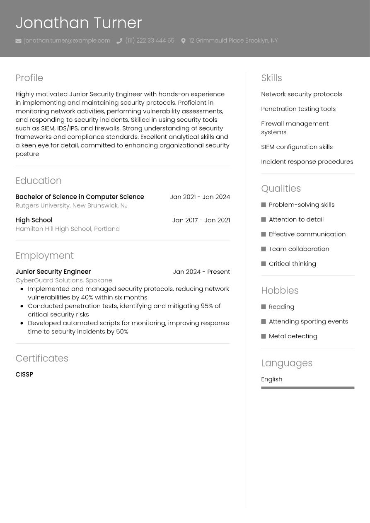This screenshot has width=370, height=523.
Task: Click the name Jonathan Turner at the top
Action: [79, 23]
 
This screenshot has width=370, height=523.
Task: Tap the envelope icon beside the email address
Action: [18, 41]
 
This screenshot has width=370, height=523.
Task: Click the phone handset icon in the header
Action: [119, 41]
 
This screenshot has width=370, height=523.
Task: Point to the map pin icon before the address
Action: [183, 41]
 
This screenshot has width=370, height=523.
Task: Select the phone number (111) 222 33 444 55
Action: [150, 41]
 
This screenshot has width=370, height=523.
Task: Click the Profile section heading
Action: [29, 78]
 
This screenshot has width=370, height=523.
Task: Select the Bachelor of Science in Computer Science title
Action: [80, 197]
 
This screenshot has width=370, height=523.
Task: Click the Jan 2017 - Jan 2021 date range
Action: [201, 220]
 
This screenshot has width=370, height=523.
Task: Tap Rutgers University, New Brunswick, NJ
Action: [71, 205]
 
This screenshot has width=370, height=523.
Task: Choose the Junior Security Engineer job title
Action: [53, 272]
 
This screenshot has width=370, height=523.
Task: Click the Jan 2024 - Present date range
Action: [201, 272]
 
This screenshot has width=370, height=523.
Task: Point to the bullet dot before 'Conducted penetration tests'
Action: [22, 306]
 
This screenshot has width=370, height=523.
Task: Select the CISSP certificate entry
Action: [24, 374]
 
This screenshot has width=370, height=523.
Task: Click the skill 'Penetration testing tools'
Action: [298, 108]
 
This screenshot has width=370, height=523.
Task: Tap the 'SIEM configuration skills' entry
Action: [297, 147]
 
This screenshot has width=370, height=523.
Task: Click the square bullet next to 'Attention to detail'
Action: [264, 219]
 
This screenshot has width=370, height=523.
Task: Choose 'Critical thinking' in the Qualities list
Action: [292, 263]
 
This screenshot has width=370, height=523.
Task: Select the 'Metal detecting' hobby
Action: [293, 336]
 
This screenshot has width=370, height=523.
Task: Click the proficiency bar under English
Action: [307, 388]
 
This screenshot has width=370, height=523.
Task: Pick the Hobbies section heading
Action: [280, 290]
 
